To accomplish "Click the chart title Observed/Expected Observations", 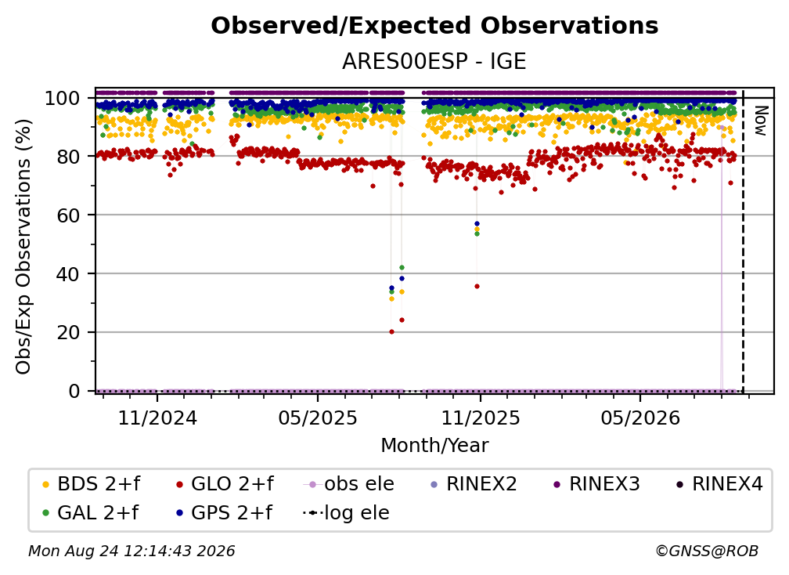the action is click(x=434, y=26).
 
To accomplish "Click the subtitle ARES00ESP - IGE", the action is click(x=434, y=61).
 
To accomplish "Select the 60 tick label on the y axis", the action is click(x=68, y=215).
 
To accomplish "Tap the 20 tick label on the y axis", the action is click(x=68, y=332).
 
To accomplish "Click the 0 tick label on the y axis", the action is click(x=74, y=391).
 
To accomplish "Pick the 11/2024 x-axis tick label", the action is click(x=157, y=418).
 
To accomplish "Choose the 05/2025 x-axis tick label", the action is click(x=318, y=418).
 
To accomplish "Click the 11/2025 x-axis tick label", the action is click(x=481, y=418).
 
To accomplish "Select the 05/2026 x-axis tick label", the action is click(x=640, y=418).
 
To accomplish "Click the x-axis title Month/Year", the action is click(x=434, y=446).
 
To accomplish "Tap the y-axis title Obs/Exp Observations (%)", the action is click(x=23, y=246).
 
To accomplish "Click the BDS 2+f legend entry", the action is click(x=91, y=484).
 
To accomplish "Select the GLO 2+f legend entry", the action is click(x=225, y=484).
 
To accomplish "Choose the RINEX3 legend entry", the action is click(x=596, y=484).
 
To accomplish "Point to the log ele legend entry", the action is click(x=346, y=513).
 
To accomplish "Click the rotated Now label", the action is click(x=760, y=121).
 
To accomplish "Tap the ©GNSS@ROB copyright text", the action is click(x=707, y=551).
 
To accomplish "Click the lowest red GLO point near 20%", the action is click(x=391, y=332).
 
